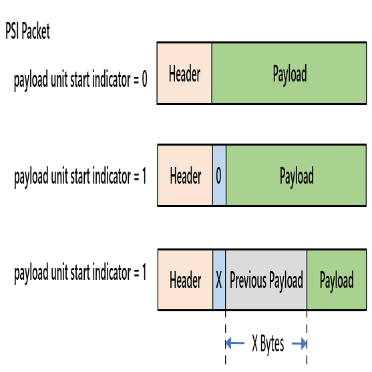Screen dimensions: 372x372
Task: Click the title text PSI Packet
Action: click(x=27, y=31)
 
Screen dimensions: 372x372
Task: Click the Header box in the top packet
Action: click(x=184, y=73)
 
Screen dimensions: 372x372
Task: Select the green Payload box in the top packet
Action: click(x=289, y=73)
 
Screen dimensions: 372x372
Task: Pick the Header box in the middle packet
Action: click(x=185, y=176)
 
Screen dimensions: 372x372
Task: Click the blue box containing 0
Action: click(x=219, y=176)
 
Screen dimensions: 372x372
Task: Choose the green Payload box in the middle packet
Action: click(x=296, y=176)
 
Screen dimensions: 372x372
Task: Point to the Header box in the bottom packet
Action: click(x=185, y=280)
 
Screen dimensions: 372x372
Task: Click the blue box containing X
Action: click(x=219, y=280)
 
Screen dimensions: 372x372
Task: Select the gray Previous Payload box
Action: click(x=266, y=280)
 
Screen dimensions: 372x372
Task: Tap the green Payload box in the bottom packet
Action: click(x=337, y=280)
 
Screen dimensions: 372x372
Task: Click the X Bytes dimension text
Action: click(x=268, y=344)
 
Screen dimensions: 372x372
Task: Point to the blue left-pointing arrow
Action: click(x=235, y=343)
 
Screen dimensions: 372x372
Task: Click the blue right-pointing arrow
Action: click(x=299, y=343)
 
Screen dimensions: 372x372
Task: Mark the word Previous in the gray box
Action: click(x=248, y=280)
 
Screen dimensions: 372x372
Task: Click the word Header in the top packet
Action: click(x=184, y=73)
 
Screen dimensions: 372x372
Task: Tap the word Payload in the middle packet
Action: click(x=297, y=176)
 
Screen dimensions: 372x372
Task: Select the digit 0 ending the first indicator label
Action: click(x=144, y=79)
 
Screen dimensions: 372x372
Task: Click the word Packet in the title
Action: click(x=35, y=31)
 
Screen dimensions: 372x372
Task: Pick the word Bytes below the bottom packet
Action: click(x=272, y=345)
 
